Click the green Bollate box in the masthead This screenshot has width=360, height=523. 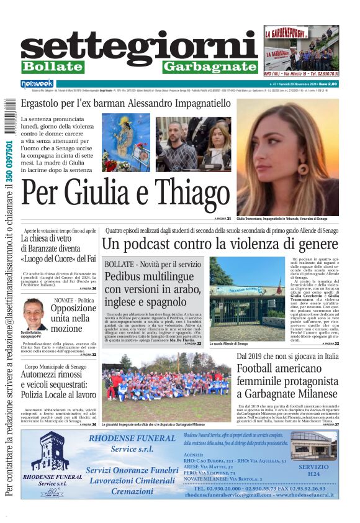tap(52, 66)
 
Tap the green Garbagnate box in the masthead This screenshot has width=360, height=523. tap(210, 66)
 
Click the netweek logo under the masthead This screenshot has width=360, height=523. tap(37, 83)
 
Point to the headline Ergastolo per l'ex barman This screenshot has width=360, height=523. tap(125, 103)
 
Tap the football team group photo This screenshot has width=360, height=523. tap(166, 385)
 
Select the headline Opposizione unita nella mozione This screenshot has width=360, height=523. tap(73, 319)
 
